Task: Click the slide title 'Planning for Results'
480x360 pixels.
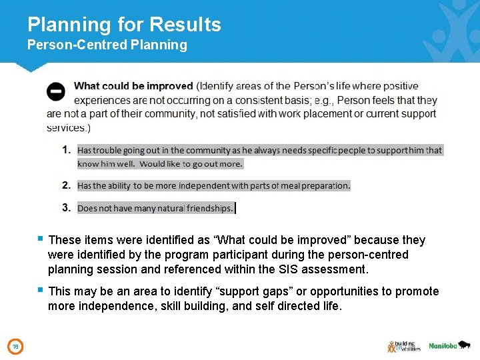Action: pos(124,25)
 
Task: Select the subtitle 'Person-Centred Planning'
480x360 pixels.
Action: pos(107,45)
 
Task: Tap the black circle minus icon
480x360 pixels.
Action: pos(56,91)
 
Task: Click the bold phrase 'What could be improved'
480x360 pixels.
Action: pos(133,86)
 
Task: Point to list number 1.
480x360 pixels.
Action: pos(67,150)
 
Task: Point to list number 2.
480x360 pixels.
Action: pos(67,185)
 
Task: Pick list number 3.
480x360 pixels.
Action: pos(67,208)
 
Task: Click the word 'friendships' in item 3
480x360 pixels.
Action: pos(209,209)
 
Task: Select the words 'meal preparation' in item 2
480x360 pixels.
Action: pos(315,186)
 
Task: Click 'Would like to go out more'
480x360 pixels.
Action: pos(191,164)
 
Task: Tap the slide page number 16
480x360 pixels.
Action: pos(15,346)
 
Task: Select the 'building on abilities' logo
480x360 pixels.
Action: pos(403,346)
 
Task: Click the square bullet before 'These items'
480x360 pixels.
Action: pos(41,238)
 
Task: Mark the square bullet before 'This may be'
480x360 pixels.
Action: pos(41,290)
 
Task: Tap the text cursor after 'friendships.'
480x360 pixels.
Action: pos(236,209)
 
